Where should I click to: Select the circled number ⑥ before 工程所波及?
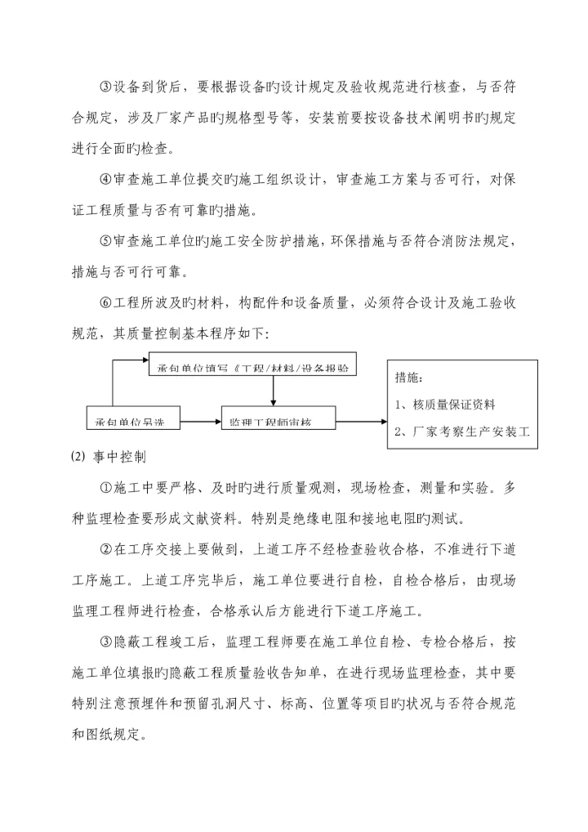105,302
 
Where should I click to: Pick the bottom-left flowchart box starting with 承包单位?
132,422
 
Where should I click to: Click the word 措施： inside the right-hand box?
409,378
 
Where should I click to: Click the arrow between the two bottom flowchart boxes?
200,422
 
